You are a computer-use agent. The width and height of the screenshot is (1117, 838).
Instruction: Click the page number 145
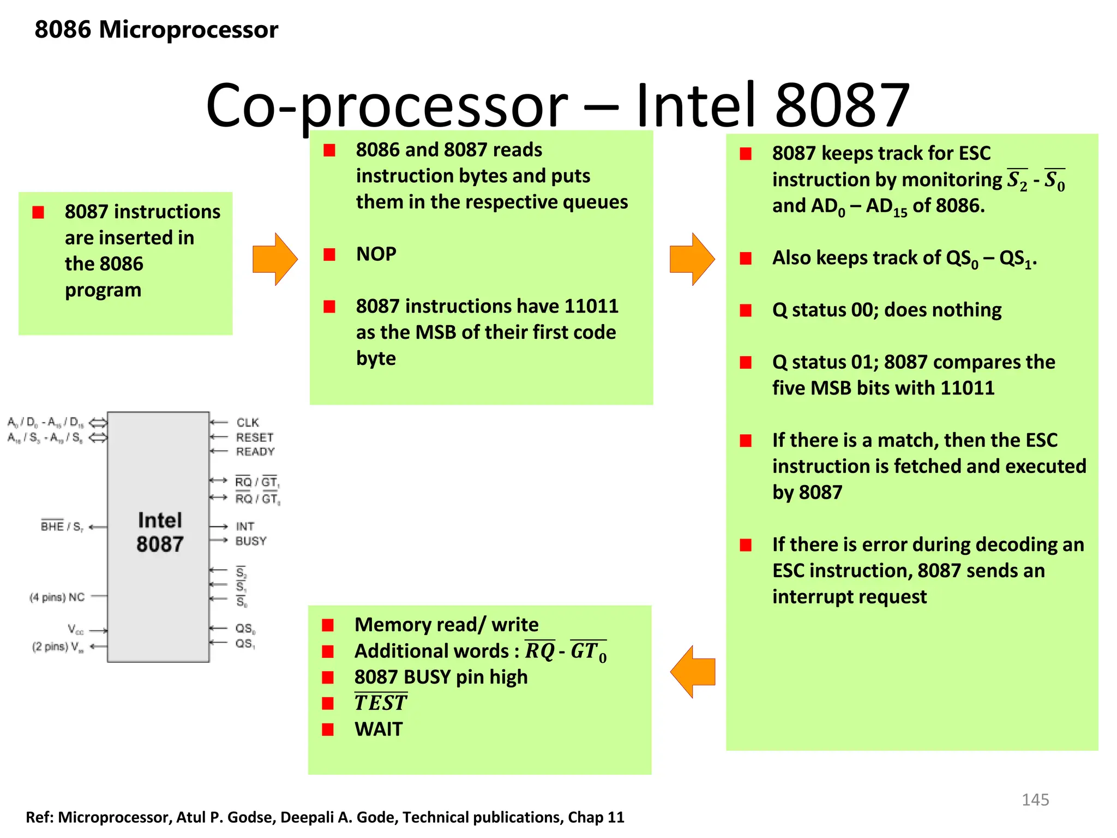pos(1035,799)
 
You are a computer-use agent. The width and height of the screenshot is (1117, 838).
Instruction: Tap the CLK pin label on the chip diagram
pos(248,422)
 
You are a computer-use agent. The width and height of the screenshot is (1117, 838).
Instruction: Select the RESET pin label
pos(254,437)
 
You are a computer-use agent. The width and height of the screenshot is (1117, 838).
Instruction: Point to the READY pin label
pos(255,451)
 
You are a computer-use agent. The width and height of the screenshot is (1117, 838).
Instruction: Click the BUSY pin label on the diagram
pos(251,541)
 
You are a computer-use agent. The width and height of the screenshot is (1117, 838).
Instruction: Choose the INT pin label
pos(245,526)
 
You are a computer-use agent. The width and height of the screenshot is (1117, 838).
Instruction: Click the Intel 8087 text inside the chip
pos(159,532)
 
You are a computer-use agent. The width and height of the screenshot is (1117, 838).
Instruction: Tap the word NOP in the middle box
pos(376,254)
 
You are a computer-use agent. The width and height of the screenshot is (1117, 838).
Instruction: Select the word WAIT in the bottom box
pos(378,729)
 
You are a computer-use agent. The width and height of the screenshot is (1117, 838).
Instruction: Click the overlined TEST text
pos(380,703)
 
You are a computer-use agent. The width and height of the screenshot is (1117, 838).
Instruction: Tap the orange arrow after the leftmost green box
pos(274,259)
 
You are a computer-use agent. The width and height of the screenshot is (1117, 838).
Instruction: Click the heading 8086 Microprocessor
pos(156,29)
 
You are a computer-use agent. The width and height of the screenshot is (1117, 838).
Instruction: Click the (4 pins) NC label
pos(57,597)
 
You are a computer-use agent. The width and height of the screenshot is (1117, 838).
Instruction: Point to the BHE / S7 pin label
pos(62,526)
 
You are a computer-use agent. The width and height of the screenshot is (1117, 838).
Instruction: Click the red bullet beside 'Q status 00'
pos(746,310)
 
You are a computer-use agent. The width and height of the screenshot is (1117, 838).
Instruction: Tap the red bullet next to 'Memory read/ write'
pos(328,625)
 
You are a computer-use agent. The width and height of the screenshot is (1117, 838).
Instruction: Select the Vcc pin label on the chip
pos(75,630)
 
